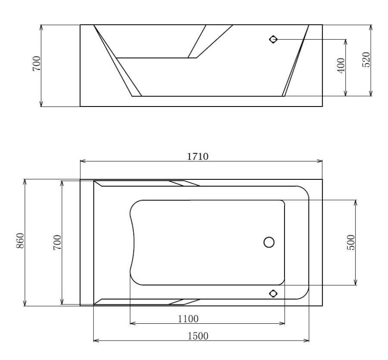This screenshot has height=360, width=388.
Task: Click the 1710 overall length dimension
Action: (x=197, y=157)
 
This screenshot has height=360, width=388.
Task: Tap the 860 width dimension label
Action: (x=20, y=241)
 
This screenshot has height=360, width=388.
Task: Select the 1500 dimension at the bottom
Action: (x=198, y=336)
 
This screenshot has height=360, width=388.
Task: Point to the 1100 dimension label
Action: (x=188, y=319)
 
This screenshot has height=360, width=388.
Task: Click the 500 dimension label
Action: (x=351, y=242)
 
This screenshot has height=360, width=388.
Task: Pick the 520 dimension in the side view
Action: (x=366, y=59)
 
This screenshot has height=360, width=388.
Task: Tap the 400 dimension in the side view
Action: (x=341, y=66)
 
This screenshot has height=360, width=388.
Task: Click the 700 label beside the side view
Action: (x=36, y=63)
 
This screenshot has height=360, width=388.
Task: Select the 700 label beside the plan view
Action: (x=57, y=242)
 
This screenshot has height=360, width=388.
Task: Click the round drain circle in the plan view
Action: (x=269, y=242)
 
